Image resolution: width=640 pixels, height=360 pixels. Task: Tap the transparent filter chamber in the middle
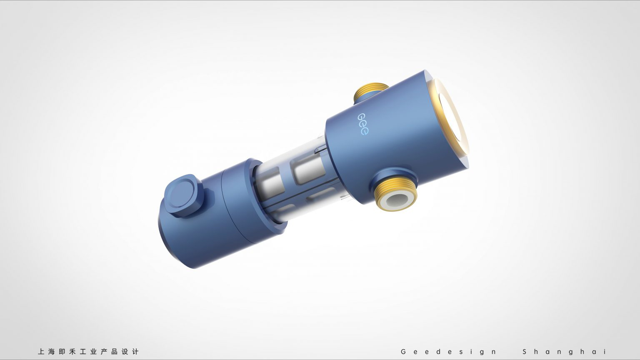tap(292, 179)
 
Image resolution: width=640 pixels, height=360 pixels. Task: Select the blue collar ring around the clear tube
tap(267, 196)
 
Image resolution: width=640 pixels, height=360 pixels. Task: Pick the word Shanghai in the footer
tap(565, 352)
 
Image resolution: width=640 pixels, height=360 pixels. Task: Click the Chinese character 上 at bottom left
tap(41, 352)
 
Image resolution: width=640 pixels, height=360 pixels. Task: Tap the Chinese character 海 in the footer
tap(51, 352)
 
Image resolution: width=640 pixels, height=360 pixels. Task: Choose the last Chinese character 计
tap(135, 352)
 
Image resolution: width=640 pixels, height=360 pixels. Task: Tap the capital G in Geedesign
tap(403, 352)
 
